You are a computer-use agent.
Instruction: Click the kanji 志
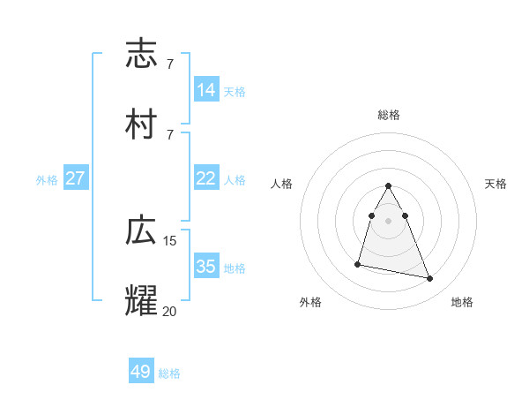tap(142, 55)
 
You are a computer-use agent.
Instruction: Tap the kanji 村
tap(142, 124)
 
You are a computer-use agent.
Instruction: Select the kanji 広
tap(142, 231)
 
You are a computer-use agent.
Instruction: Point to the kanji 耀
tap(142, 300)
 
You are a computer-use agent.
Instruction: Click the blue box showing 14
tap(206, 89)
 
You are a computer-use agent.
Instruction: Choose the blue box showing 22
tap(206, 178)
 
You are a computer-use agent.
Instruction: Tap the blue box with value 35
tap(206, 267)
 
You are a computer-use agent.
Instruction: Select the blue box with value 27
tap(76, 178)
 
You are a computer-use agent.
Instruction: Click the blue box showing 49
tap(141, 372)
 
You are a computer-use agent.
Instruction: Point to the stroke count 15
tap(170, 240)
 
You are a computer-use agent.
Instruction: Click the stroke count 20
tap(170, 310)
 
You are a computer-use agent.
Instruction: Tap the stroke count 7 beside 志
tap(169, 64)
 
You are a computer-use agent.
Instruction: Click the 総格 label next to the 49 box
tap(169, 373)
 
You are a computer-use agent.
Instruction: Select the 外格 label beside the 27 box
tap(47, 180)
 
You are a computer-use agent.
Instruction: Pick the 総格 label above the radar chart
tap(389, 115)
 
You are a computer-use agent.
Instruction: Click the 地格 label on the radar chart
tap(462, 302)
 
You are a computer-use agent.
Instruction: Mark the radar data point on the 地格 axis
tap(430, 279)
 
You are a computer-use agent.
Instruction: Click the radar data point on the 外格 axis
tap(358, 263)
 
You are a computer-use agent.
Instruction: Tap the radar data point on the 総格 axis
tap(389, 185)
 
